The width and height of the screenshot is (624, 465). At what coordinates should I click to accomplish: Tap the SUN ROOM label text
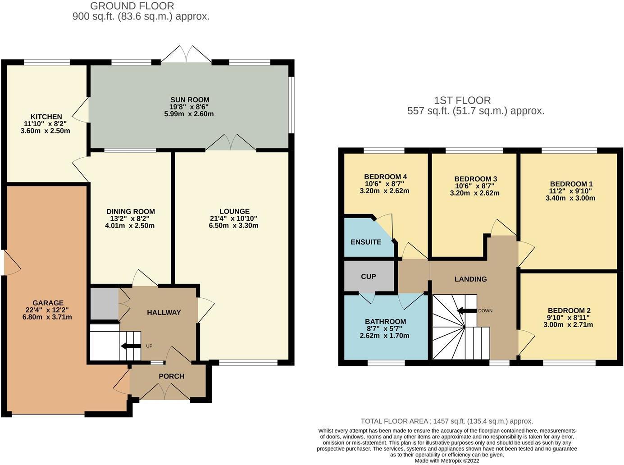point(189,100)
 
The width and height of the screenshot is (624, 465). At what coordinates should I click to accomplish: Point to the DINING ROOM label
point(131,211)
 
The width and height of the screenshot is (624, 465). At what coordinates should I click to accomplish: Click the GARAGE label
point(48,303)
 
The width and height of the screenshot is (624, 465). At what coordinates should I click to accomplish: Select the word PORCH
point(171,376)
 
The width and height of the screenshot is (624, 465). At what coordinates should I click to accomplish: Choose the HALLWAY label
point(164,312)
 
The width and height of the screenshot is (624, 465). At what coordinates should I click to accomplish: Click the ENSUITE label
point(366,242)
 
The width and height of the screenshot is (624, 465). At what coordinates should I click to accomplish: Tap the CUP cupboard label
point(368,276)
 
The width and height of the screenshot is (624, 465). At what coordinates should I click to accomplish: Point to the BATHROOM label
point(385,321)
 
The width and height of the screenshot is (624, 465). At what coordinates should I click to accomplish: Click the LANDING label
point(470,279)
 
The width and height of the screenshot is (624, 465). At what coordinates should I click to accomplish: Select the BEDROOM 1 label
point(571,184)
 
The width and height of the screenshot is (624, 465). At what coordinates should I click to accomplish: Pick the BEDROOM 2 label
point(569,310)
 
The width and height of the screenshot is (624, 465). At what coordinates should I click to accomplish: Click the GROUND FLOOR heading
point(132,6)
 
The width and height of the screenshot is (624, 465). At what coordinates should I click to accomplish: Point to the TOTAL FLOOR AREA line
point(446,421)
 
